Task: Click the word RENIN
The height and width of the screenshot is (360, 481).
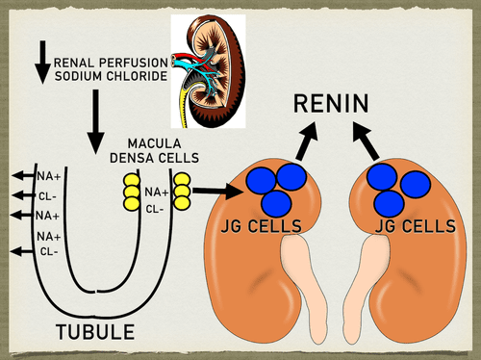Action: (x=331, y=103)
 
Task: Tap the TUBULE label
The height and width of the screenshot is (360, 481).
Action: (x=95, y=332)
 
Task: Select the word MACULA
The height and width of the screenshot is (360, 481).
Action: (x=154, y=143)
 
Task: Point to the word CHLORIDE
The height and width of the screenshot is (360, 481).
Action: (x=137, y=76)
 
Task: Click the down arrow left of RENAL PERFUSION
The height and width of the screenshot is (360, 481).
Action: (x=42, y=63)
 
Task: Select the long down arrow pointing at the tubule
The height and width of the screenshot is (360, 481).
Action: (x=96, y=122)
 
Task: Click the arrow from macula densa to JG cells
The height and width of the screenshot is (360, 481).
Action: (x=216, y=191)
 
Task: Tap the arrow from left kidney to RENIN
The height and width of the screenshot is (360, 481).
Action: (x=306, y=141)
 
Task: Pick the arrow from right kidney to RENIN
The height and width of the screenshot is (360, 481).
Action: (x=366, y=141)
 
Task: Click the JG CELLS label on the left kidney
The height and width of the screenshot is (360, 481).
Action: (x=262, y=226)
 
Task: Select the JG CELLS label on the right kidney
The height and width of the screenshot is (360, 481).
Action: (x=416, y=226)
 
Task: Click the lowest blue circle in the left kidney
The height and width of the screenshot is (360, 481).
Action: (x=276, y=204)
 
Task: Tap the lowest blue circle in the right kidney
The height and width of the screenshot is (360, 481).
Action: (x=389, y=204)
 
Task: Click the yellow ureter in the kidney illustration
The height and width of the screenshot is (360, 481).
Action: (x=185, y=106)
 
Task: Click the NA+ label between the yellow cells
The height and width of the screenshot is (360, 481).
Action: (x=157, y=193)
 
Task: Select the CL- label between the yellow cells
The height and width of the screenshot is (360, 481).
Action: (x=155, y=210)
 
